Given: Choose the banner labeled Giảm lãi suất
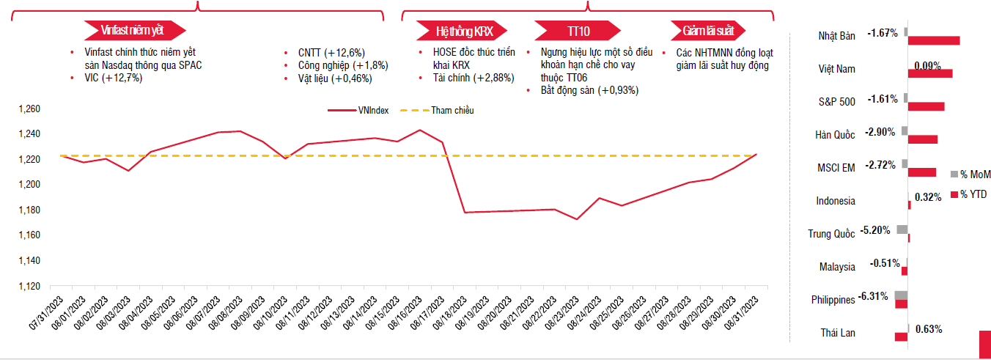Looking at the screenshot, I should pyautogui.click(x=709, y=31).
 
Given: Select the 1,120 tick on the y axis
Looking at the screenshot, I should pyautogui.click(x=29, y=286).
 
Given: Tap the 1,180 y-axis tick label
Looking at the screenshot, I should pyautogui.click(x=29, y=210).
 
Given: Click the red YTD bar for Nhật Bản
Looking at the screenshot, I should pyautogui.click(x=934, y=40).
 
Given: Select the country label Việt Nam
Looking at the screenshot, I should pyautogui.click(x=836, y=69).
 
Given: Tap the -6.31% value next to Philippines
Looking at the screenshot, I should pyautogui.click(x=873, y=296).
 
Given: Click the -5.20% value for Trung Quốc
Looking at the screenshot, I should pyautogui.click(x=875, y=230).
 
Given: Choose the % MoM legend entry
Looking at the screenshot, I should pyautogui.click(x=974, y=174).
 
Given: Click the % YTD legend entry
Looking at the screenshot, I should pyautogui.click(x=974, y=194).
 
